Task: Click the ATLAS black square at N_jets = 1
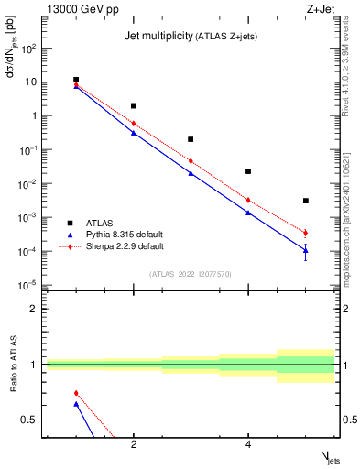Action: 76,81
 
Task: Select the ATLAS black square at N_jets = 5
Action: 305,201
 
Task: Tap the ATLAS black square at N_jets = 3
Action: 191,139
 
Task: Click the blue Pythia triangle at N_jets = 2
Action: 134,133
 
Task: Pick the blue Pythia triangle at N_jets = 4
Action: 248,213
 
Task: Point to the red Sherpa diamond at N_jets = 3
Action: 191,161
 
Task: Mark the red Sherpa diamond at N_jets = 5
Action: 305,233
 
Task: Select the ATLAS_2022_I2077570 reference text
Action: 191,273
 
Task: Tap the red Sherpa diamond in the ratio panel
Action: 76,393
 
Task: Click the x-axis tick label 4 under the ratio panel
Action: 248,444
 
